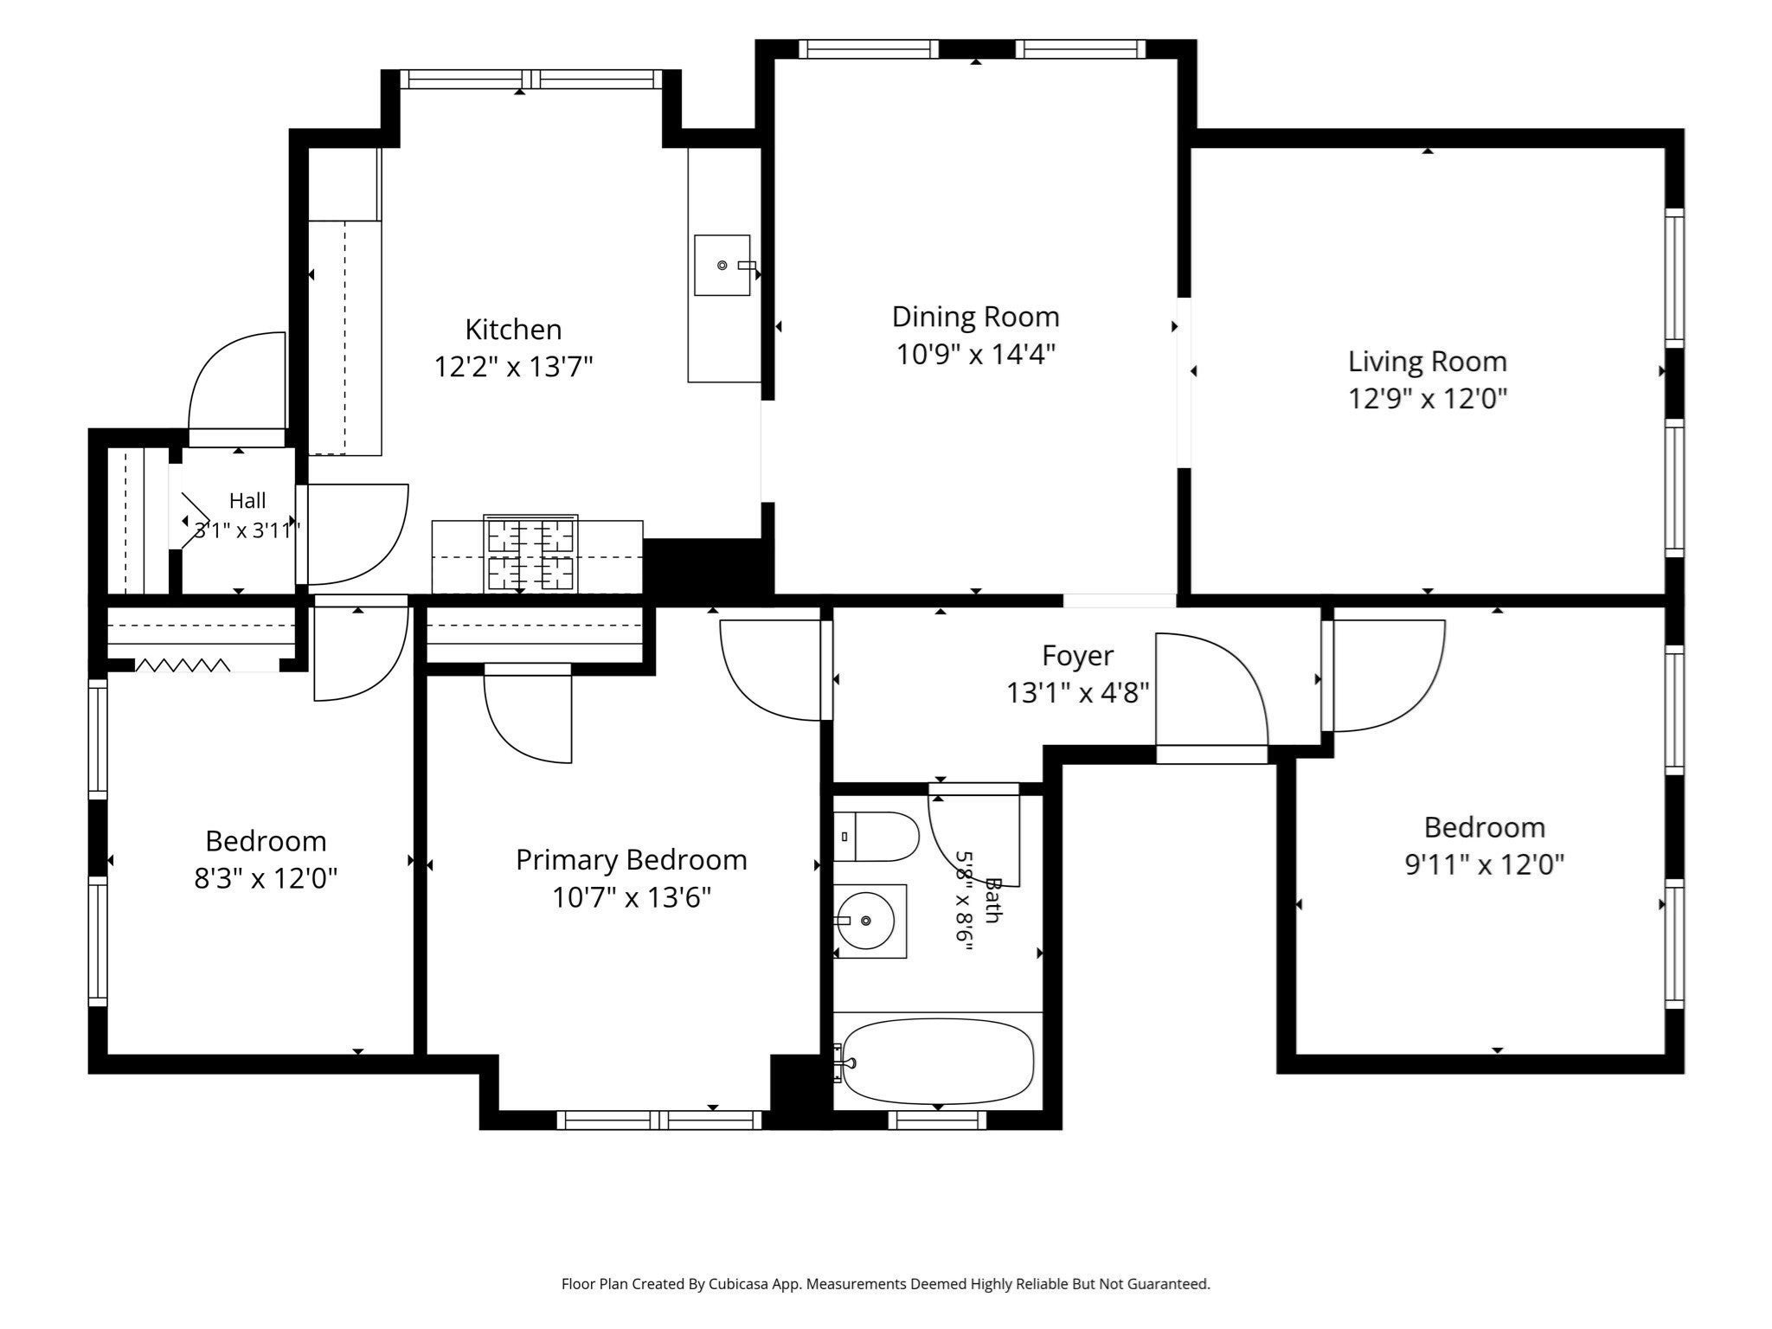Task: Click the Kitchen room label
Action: (x=513, y=330)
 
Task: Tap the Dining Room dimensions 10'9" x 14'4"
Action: (x=976, y=354)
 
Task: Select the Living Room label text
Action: (x=1428, y=362)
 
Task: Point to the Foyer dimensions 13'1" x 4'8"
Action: (x=1077, y=692)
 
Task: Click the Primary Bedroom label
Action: (x=632, y=860)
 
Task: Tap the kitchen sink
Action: (x=722, y=265)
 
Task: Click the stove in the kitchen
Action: (x=531, y=554)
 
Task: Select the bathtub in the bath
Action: (x=937, y=1061)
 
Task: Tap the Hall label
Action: (x=247, y=501)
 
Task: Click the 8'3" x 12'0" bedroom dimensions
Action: (x=266, y=879)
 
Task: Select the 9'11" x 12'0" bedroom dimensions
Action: (x=1485, y=864)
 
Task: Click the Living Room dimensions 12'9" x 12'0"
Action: (x=1428, y=399)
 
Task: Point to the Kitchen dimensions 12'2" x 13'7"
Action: (x=513, y=368)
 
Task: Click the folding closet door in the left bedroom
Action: (x=183, y=665)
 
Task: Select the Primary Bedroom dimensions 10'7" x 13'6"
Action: (x=632, y=897)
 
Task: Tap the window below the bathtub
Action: (x=938, y=1120)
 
